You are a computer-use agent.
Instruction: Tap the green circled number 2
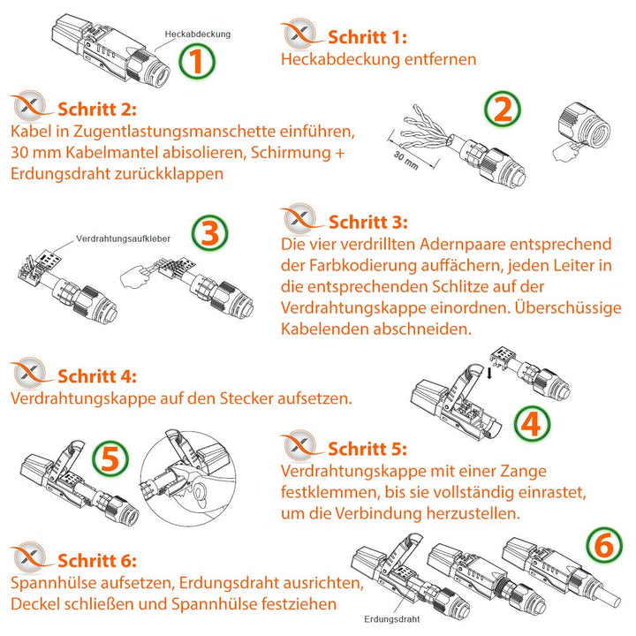pyautogui.click(x=502, y=110)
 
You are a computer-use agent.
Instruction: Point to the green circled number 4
pyautogui.click(x=529, y=425)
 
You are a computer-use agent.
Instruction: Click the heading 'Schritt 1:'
pyautogui.click(x=367, y=38)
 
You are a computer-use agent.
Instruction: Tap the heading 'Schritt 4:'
pyautogui.click(x=96, y=375)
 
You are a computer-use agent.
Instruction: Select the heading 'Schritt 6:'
pyautogui.click(x=96, y=561)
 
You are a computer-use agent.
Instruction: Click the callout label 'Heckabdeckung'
pyautogui.click(x=197, y=34)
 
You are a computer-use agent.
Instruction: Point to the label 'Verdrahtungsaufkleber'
pyautogui.click(x=123, y=239)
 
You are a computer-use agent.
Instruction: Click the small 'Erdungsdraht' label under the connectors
pyautogui.click(x=390, y=619)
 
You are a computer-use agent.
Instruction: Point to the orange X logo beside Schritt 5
pyautogui.click(x=299, y=447)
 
